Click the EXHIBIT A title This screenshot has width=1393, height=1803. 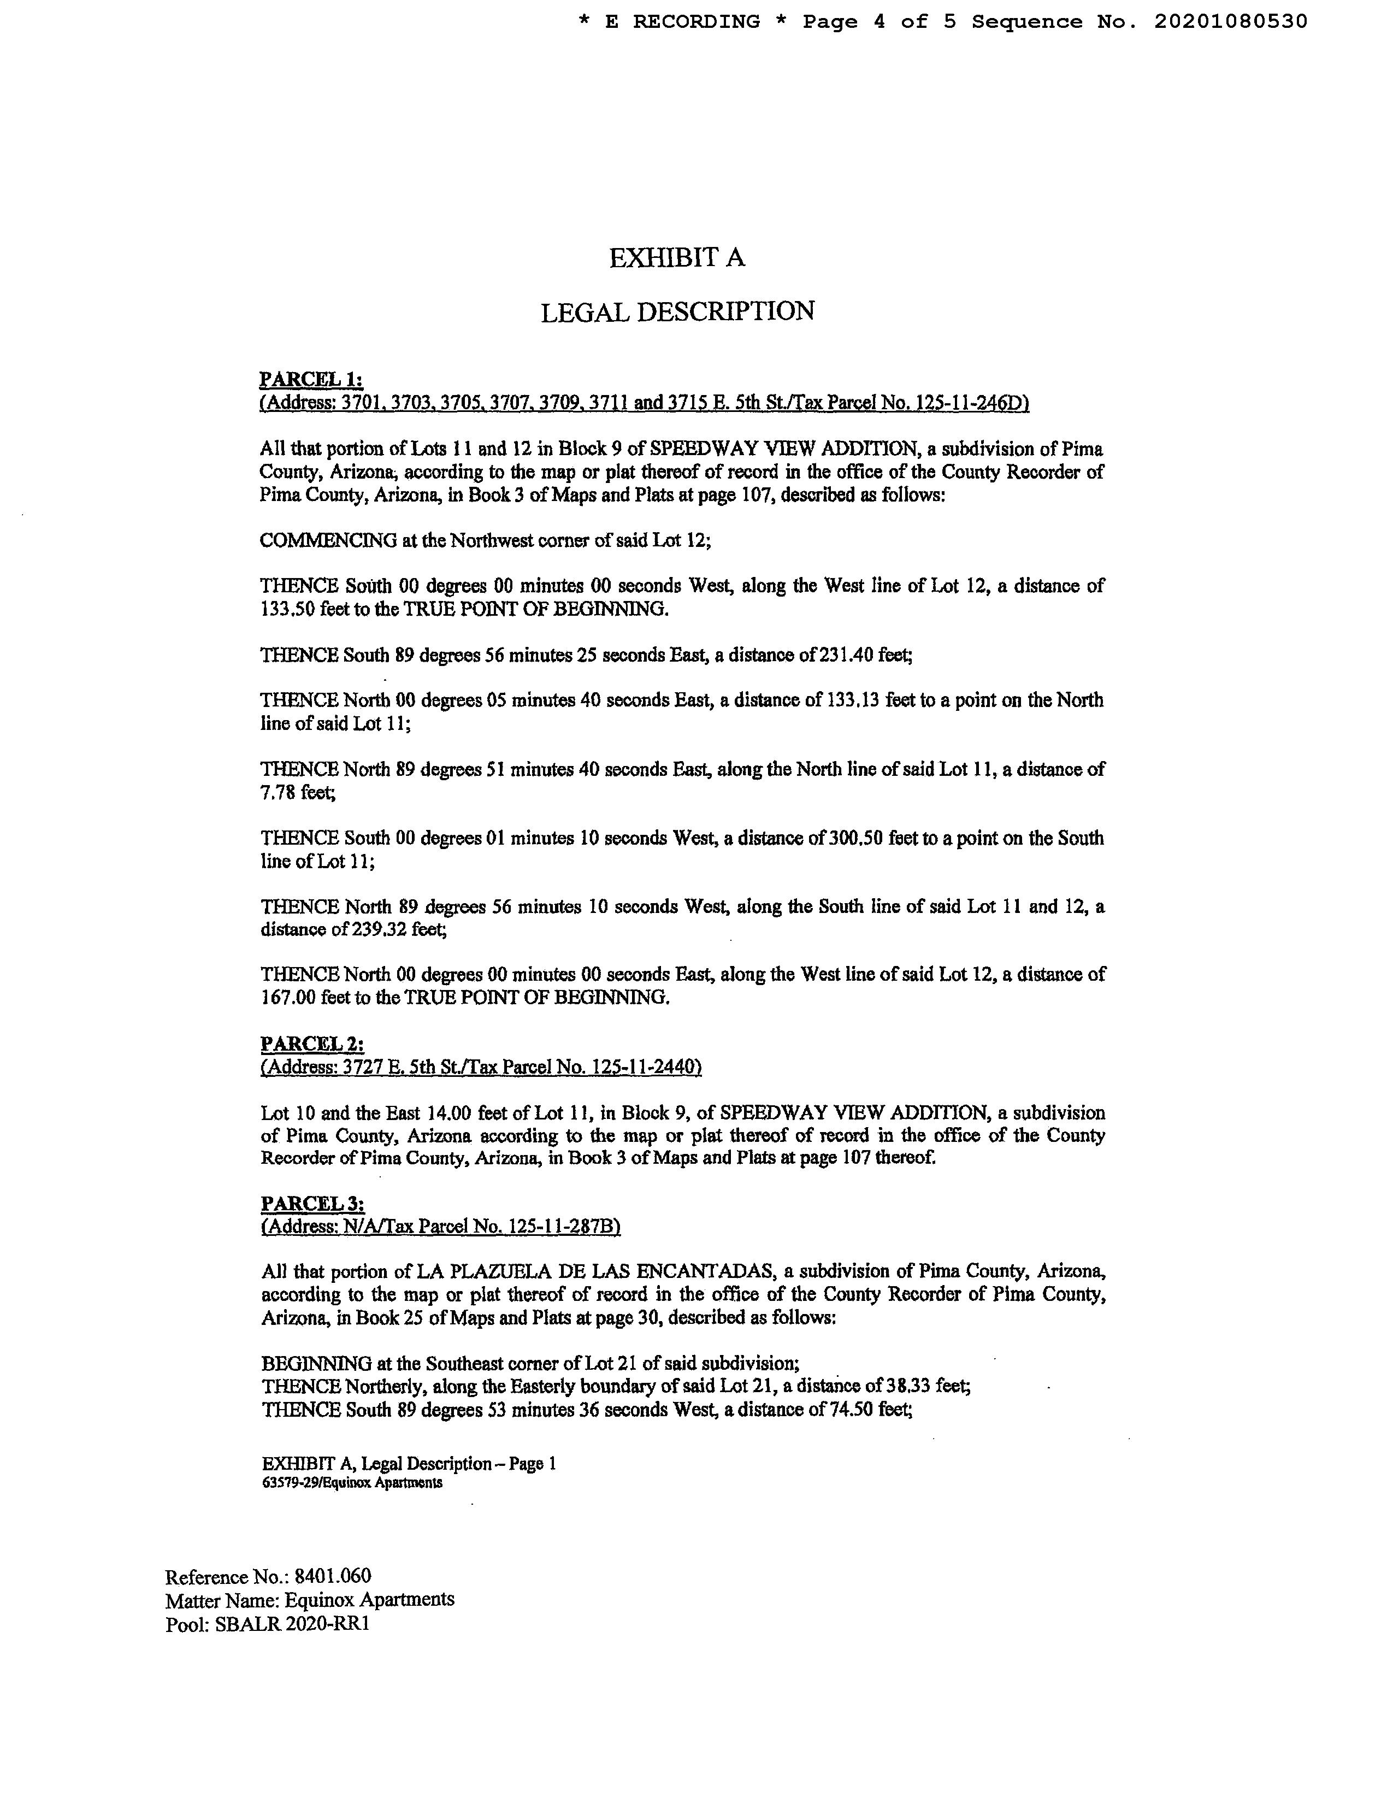(677, 258)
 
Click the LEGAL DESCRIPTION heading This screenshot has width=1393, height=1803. (677, 312)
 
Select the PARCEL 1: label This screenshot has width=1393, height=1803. (311, 379)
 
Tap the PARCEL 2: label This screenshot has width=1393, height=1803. (312, 1044)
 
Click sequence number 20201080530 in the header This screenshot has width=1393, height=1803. (1230, 21)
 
